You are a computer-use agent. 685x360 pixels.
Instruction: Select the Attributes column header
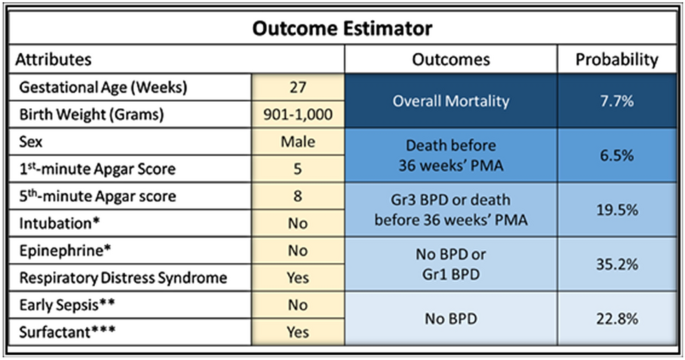pos(55,60)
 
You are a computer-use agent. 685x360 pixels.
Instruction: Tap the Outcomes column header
pos(450,60)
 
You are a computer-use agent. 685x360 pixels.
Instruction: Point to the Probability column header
pos(616,60)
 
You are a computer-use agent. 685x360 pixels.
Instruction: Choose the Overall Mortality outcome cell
pos(450,100)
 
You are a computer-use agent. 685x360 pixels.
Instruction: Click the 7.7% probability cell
pos(616,100)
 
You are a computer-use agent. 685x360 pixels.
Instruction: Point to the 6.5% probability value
pos(616,156)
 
